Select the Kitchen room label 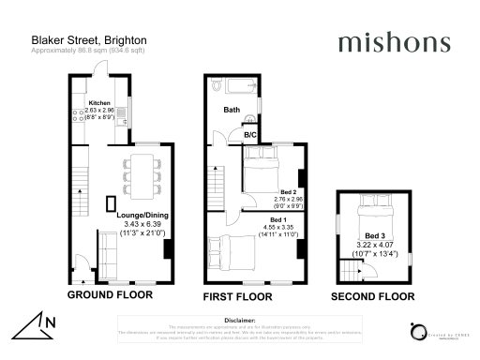pyautogui.click(x=99, y=102)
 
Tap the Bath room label pyautogui.click(x=232, y=110)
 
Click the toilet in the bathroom pyautogui.click(x=217, y=86)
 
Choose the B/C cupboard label pyautogui.click(x=250, y=135)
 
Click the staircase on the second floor pyautogui.click(x=351, y=272)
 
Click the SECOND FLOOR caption pyautogui.click(x=373, y=296)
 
